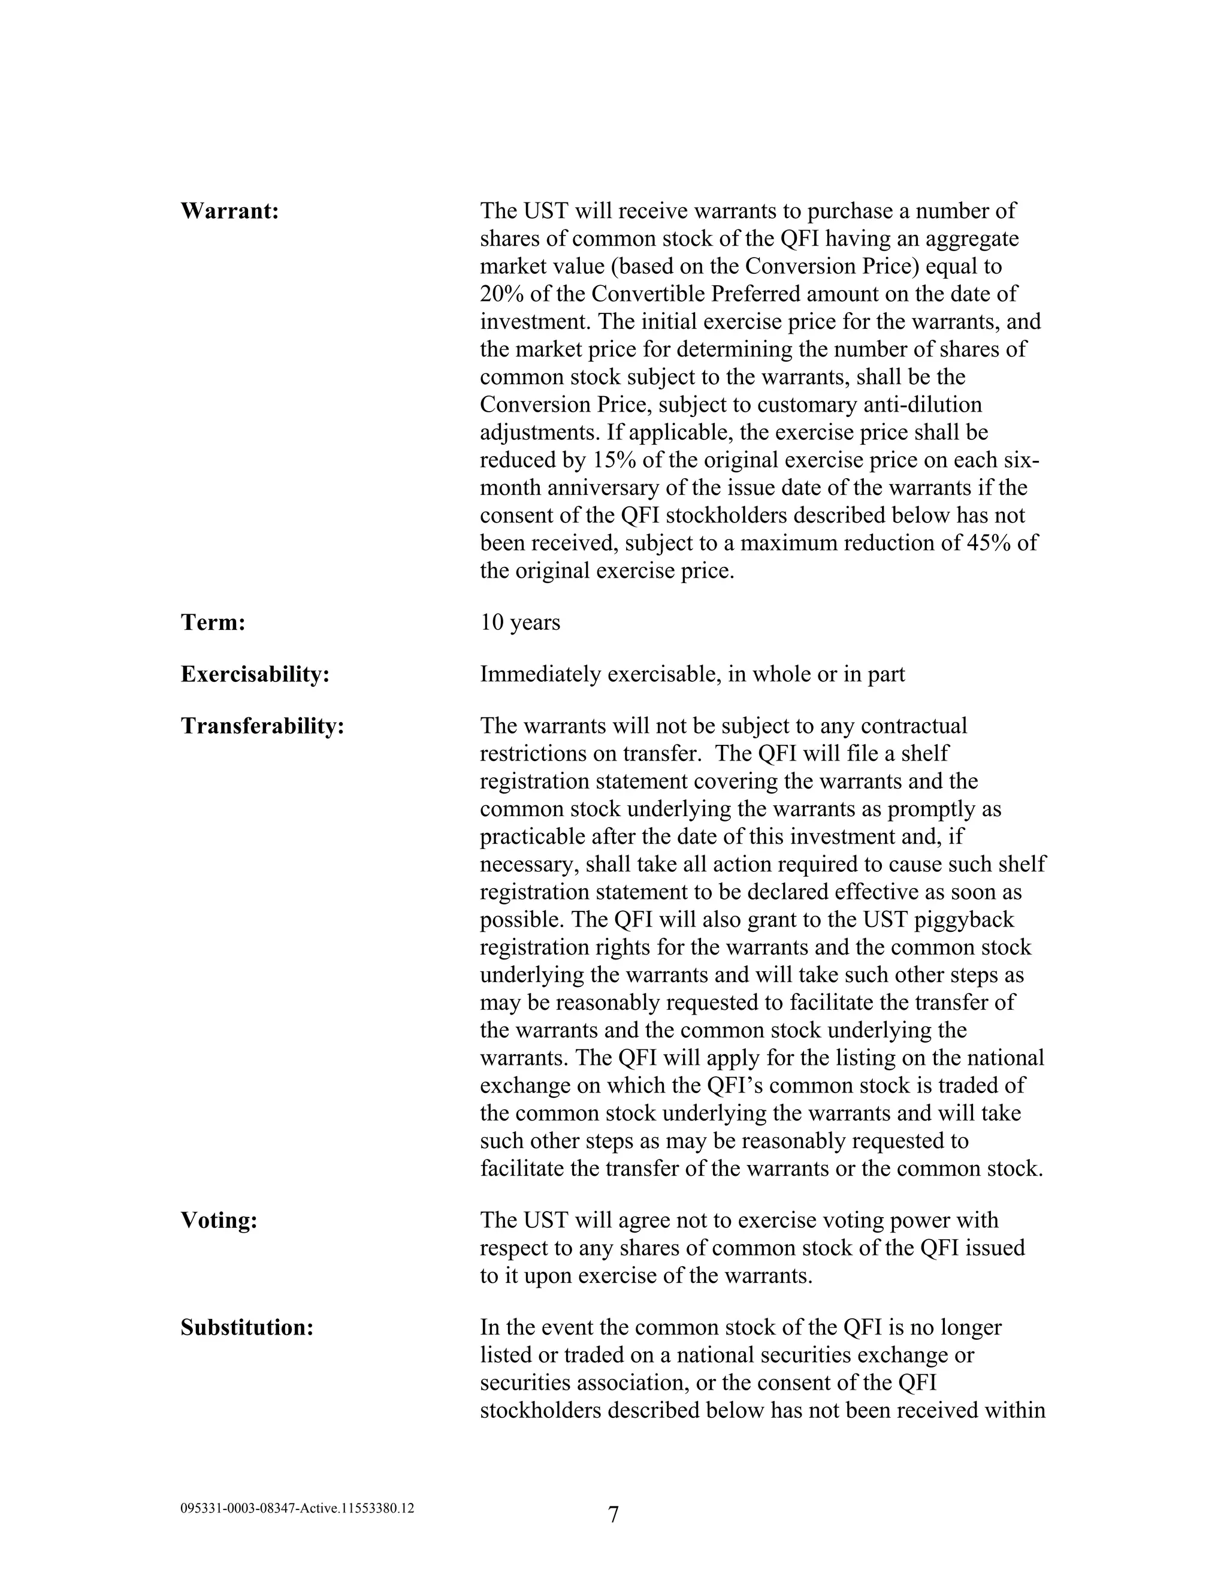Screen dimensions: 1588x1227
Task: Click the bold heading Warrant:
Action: pyautogui.click(x=229, y=212)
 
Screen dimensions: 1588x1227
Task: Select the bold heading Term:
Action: pyautogui.click(x=213, y=623)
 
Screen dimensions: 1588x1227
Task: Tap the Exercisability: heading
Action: pyautogui.click(x=255, y=675)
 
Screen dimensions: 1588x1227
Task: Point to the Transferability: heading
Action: pyautogui.click(x=262, y=726)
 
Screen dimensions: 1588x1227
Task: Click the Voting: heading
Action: pyautogui.click(x=219, y=1221)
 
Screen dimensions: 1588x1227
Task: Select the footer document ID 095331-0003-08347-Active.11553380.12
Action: pyautogui.click(x=297, y=1508)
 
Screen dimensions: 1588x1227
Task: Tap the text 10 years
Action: pyautogui.click(x=519, y=623)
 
